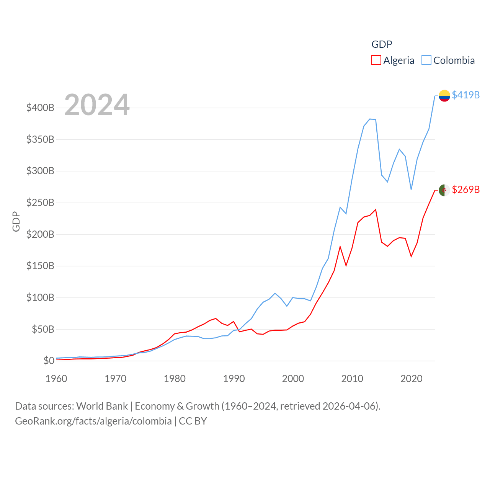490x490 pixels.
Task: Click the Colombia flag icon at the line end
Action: [444, 96]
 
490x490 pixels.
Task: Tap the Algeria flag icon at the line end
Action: [444, 190]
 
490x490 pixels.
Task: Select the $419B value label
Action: [465, 95]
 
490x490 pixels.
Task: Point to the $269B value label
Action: [465, 189]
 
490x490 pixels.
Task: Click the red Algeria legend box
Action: [376, 60]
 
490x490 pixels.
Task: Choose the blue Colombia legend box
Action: [426, 60]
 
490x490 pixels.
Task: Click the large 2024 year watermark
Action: [97, 105]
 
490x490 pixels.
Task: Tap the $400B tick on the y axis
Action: [40, 108]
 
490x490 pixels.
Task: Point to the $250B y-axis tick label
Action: [40, 203]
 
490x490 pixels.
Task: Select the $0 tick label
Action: [49, 361]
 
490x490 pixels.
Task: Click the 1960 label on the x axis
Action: [56, 379]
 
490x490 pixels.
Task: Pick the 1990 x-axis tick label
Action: [234, 379]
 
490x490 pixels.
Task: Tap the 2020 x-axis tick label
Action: [411, 379]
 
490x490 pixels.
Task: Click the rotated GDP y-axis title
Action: [16, 221]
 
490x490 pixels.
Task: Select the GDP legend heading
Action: [382, 44]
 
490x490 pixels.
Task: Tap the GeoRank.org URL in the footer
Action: [93, 421]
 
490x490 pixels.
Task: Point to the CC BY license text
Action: [193, 421]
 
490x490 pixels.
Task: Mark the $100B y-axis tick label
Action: [40, 297]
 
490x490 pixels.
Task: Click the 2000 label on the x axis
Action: [293, 379]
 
